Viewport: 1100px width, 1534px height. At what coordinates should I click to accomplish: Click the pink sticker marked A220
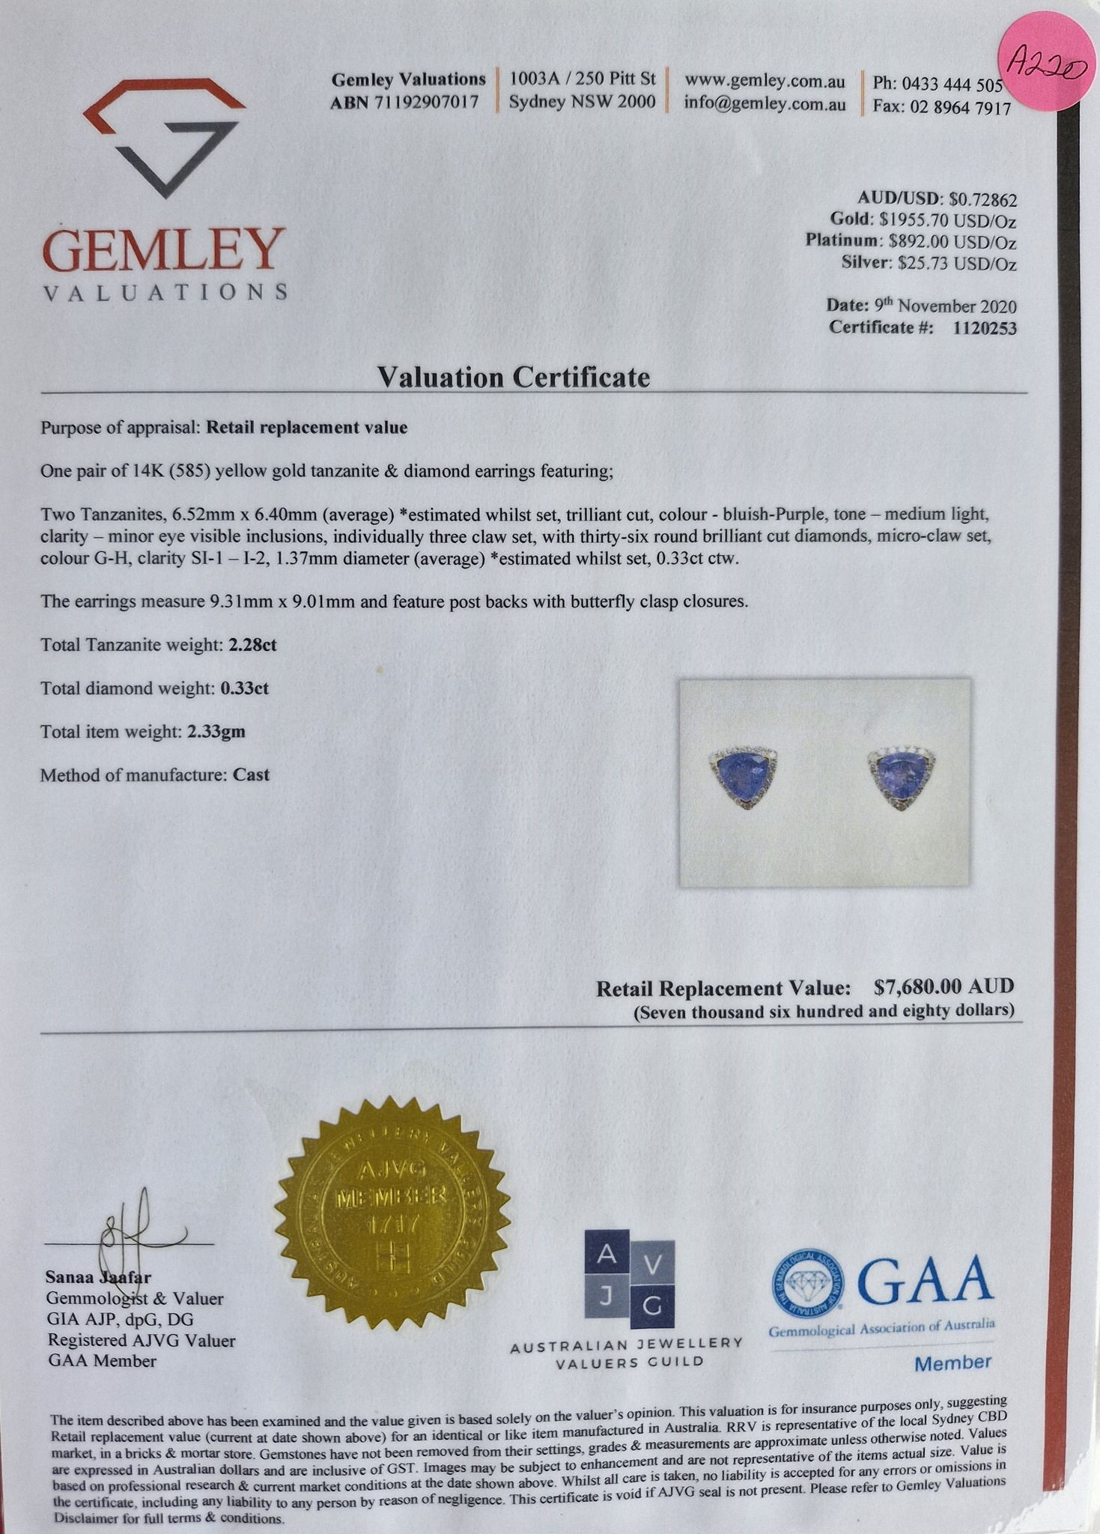tap(1045, 67)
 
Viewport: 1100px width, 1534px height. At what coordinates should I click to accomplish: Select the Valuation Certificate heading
tap(513, 377)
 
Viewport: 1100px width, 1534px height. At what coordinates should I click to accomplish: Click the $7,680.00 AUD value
tap(943, 986)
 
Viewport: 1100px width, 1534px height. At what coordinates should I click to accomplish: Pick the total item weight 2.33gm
tap(216, 731)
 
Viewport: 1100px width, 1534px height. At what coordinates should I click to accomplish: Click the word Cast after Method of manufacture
tap(251, 774)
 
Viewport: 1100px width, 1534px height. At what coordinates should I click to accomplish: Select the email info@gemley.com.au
tap(765, 104)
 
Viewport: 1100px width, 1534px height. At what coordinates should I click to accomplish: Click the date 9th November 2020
tap(945, 306)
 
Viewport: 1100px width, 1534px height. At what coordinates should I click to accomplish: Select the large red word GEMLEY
tap(165, 250)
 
